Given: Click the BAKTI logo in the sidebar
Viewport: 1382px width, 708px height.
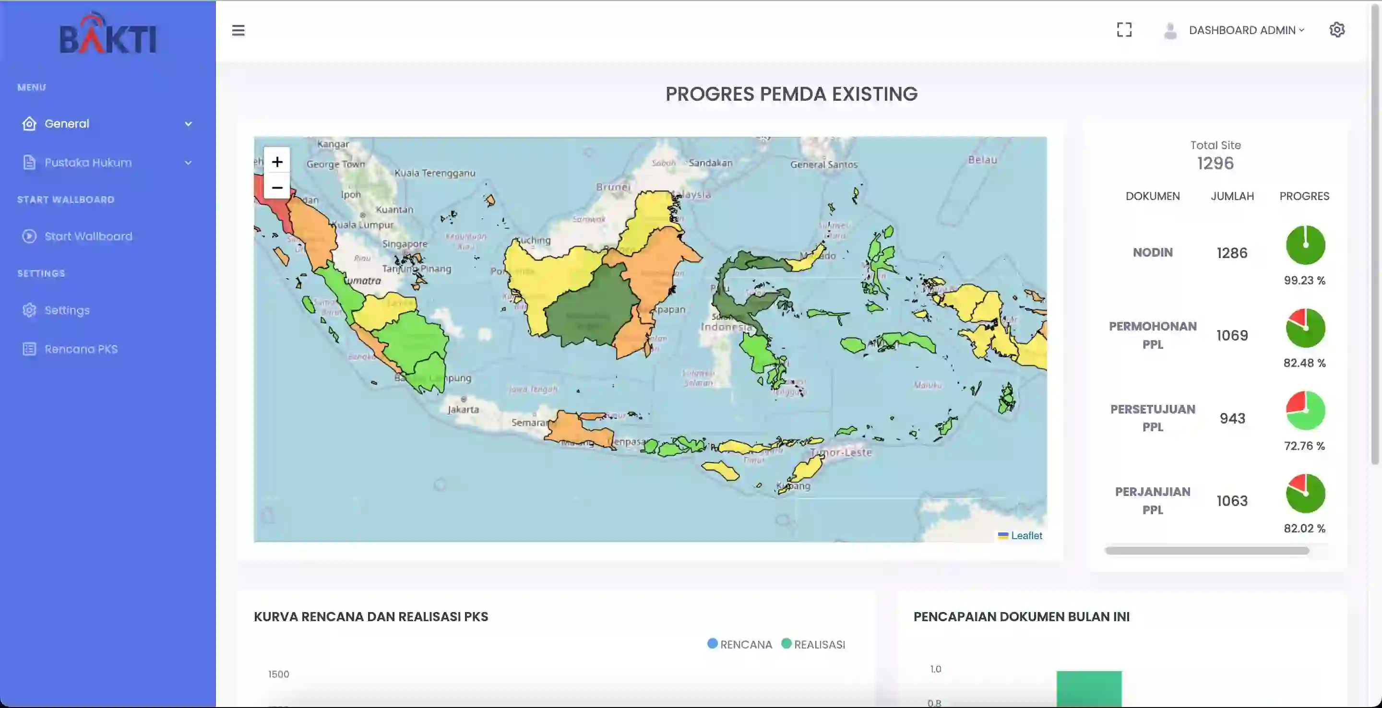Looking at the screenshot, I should pos(107,35).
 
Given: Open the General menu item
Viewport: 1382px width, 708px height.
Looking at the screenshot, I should pos(67,124).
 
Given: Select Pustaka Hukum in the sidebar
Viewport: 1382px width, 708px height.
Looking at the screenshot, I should pos(88,163).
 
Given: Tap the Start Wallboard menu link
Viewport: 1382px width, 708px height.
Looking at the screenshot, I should pos(88,236).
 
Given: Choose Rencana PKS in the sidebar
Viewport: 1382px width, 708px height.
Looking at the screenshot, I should pos(81,349).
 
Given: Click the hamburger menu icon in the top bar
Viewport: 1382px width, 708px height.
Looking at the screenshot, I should pos(238,30).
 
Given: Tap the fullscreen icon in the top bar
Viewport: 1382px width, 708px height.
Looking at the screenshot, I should pos(1124,30).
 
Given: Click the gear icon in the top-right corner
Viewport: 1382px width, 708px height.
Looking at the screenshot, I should pos(1336,30).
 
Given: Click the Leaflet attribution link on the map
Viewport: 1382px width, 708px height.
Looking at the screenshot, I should pos(1026,535).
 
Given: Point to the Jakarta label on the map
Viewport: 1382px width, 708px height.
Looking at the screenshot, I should pos(463,409).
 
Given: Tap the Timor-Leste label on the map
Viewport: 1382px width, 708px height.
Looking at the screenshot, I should pos(841,452).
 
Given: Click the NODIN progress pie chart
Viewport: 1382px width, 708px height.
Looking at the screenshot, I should pos(1305,245).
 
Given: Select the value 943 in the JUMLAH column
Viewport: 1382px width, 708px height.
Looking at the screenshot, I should pos(1232,418).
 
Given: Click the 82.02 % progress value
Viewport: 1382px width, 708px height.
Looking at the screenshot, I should pos(1304,528).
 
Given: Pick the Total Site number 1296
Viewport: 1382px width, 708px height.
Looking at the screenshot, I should pos(1215,163).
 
